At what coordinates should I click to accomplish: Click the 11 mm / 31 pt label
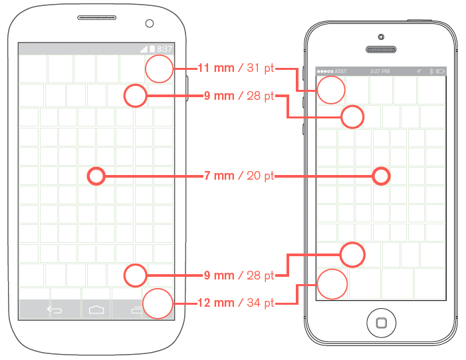click(x=235, y=68)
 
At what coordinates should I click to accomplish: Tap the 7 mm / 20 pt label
click(x=239, y=176)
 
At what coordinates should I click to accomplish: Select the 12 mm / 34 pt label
click(x=235, y=303)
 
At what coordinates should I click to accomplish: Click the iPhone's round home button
click(x=381, y=323)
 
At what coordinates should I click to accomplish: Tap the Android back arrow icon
click(x=53, y=309)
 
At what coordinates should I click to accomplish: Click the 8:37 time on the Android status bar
click(x=164, y=49)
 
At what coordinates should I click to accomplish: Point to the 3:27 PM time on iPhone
click(x=380, y=71)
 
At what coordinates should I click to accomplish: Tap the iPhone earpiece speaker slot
click(x=381, y=49)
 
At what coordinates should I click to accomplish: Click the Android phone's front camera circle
click(x=150, y=23)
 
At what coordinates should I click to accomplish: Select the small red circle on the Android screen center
click(x=96, y=176)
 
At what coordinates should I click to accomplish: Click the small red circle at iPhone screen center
click(x=380, y=176)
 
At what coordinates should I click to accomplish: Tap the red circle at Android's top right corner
click(x=160, y=69)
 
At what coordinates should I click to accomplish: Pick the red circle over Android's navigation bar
click(x=158, y=304)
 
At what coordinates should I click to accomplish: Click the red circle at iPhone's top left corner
click(x=331, y=90)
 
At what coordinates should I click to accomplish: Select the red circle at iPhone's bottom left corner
click(x=332, y=284)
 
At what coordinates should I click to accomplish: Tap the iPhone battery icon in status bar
click(x=440, y=71)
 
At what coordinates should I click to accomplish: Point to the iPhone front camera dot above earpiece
click(x=381, y=36)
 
